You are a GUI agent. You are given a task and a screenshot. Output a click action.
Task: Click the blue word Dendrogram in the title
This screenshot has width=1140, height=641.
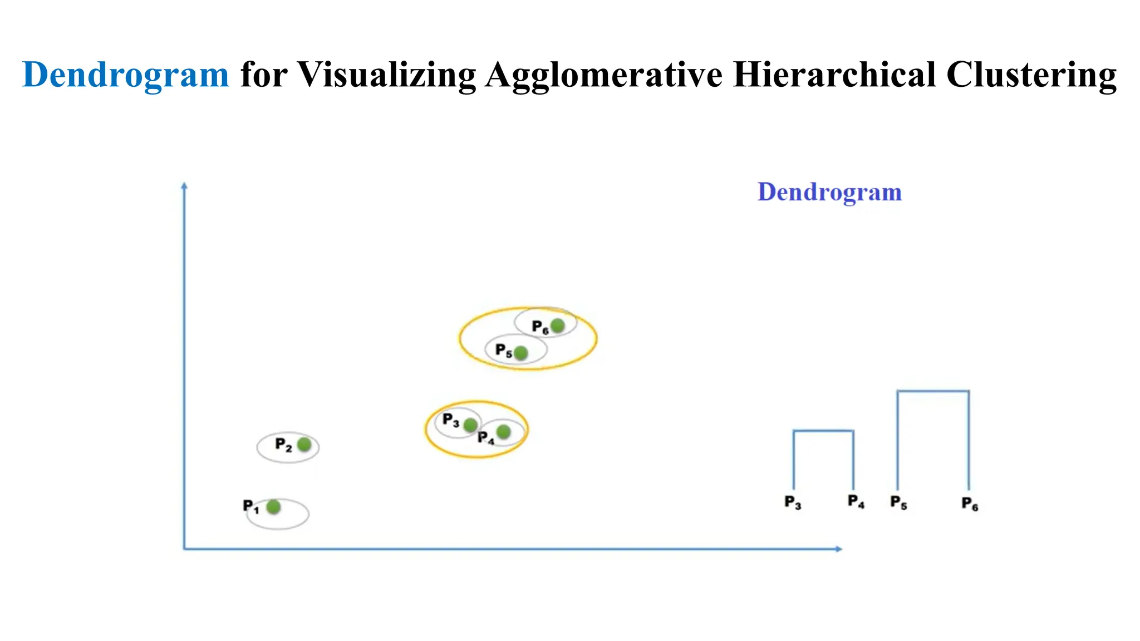coord(125,75)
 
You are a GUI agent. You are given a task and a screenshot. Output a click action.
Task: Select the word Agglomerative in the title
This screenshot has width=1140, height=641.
coord(603,75)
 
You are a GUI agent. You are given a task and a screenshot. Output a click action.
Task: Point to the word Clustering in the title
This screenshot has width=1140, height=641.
coord(1031,75)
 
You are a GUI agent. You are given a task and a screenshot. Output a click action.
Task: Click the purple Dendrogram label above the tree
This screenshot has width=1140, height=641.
coord(829,192)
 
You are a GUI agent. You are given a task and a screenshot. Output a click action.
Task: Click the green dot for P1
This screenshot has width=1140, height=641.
coord(273,507)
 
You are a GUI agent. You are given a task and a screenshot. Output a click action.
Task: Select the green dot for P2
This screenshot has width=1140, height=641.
coord(304,445)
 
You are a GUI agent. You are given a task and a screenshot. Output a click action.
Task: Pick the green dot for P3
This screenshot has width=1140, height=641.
coord(470,425)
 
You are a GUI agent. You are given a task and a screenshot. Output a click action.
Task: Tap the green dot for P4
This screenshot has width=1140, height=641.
coord(503,432)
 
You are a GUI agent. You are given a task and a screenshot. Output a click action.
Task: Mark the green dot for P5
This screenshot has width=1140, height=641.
coord(520,353)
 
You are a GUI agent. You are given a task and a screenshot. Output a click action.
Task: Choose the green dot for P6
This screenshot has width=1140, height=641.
coord(557,326)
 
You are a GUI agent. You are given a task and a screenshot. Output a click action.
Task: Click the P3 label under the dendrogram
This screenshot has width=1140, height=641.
coord(793,502)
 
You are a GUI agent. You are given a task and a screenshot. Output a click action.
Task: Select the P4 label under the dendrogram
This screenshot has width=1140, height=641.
coord(856,502)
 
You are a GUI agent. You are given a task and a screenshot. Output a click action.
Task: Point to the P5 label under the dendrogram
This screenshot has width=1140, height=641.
coord(898,502)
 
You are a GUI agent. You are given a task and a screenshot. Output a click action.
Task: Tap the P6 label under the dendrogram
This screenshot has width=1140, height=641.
coord(970,504)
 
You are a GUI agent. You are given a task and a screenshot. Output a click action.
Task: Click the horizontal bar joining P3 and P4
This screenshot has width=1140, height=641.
coord(823,431)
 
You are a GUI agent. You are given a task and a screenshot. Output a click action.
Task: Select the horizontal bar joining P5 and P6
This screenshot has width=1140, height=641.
coord(933,391)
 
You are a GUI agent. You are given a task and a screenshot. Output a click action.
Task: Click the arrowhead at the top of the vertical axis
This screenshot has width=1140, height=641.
coord(184,185)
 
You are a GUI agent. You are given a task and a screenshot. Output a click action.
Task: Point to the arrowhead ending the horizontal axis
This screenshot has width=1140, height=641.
coord(839,549)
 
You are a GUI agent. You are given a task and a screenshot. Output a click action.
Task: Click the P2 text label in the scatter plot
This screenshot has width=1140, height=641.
coord(283,445)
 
